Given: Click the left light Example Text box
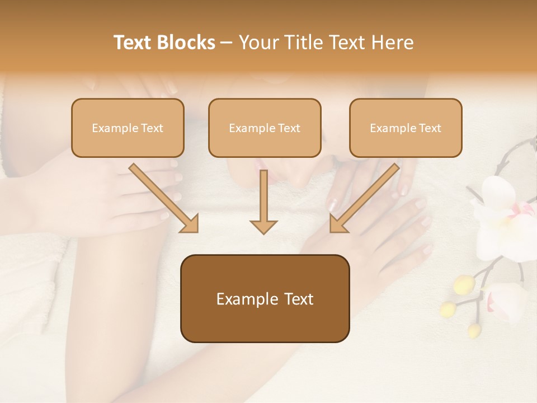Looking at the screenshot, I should coord(128,128).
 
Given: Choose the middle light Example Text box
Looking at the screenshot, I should coord(265,128).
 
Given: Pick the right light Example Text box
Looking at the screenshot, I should coord(406,128).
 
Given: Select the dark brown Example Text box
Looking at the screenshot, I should coord(265,298).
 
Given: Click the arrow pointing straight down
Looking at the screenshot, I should coord(263,201).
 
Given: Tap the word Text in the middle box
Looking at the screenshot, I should coord(289,128).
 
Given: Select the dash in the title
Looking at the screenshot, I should coord(227,43).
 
